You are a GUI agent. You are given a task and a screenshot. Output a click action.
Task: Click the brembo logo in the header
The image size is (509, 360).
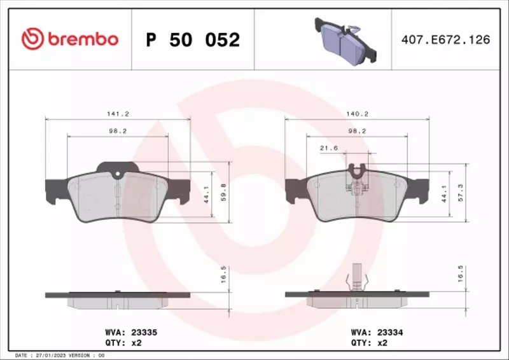coord(69,39)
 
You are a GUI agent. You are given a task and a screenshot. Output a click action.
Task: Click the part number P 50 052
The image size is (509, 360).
coord(193,40)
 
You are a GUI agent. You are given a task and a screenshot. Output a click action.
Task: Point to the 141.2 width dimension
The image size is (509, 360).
coord(118,114)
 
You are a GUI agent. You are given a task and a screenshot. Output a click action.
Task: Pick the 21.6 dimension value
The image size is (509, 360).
coord(329,148)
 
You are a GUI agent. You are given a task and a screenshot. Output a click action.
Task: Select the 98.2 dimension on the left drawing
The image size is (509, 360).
coord(118,131)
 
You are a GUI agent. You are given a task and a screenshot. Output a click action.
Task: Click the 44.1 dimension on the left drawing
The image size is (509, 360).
coord(206,192)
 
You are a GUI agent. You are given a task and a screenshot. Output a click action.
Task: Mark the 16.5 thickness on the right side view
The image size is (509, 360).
coord(460,278)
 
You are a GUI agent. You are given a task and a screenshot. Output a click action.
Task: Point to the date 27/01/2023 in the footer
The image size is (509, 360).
coord(50,355)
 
